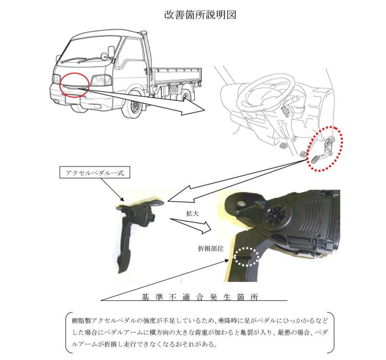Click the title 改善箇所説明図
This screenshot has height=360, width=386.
tap(200, 15)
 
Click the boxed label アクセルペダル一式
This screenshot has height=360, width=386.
tap(95, 173)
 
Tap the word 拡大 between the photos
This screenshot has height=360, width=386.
tap(193, 213)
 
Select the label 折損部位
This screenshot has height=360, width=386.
tap(211, 249)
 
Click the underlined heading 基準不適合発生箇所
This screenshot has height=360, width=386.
tap(200, 297)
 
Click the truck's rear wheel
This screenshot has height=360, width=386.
tap(186, 96)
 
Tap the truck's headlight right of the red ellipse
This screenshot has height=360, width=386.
tap(101, 80)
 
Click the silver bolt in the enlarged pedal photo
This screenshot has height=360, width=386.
tap(241, 204)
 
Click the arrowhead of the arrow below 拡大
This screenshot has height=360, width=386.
tap(205, 227)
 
